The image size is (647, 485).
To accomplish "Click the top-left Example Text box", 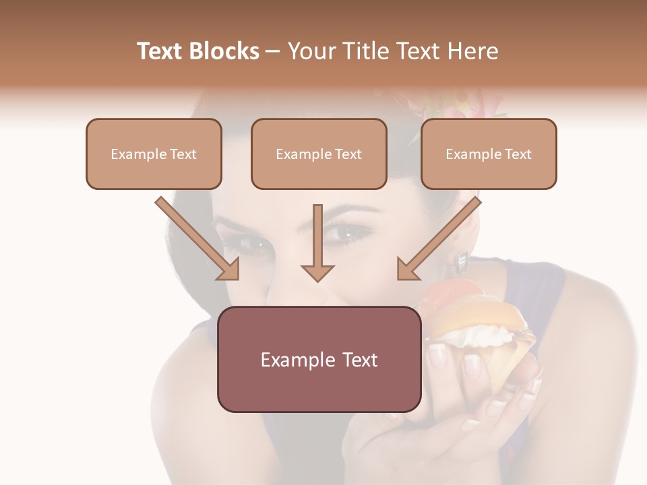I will pyautogui.click(x=154, y=154).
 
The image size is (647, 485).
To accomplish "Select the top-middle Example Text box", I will pyautogui.click(x=319, y=154).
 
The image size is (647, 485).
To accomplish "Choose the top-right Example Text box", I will pyautogui.click(x=489, y=154).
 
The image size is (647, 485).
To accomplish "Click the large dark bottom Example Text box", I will pyautogui.click(x=319, y=359).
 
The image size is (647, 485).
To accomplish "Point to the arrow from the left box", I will pyautogui.click(x=199, y=239).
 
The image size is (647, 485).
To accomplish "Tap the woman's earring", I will pyautogui.click(x=462, y=258).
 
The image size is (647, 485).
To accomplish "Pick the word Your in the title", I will pyautogui.click(x=307, y=51).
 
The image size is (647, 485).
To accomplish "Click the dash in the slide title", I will pyautogui.click(x=273, y=52).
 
